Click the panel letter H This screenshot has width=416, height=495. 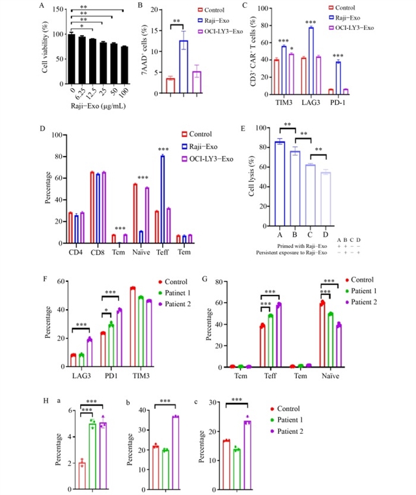coord(44,397)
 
